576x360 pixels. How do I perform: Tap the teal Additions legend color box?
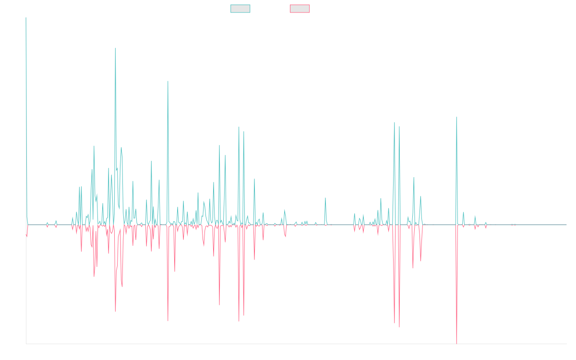pyautogui.click(x=240, y=9)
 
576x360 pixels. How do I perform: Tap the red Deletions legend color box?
pyautogui.click(x=300, y=9)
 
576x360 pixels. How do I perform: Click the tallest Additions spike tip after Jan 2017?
pyautogui.click(x=115, y=48)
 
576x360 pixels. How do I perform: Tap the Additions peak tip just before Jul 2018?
pyautogui.click(x=168, y=81)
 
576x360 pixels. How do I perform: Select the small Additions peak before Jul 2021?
pyautogui.click(x=325, y=198)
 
